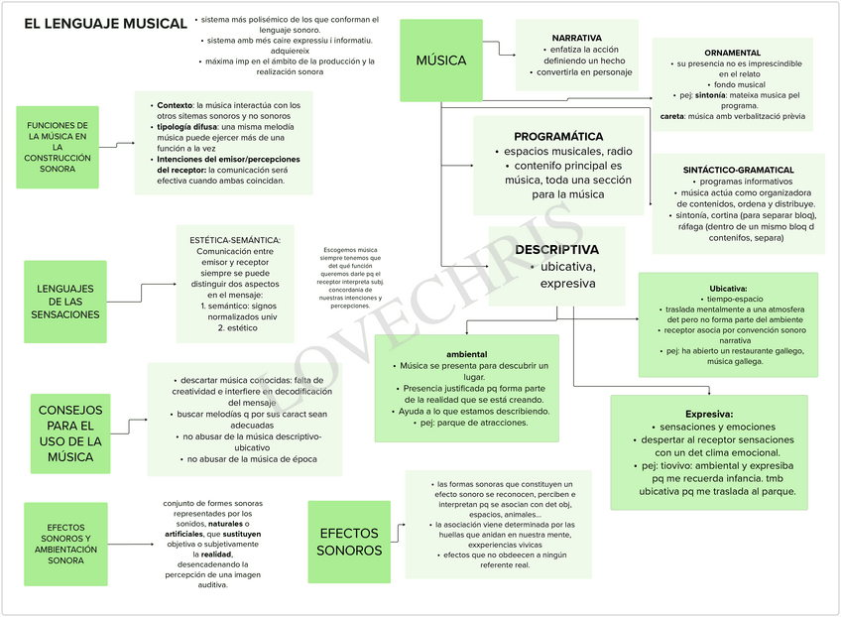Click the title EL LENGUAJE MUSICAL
[x=105, y=24]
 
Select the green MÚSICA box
[x=440, y=61]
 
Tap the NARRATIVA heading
[x=576, y=37]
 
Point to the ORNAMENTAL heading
[x=733, y=53]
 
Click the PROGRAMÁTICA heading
[x=558, y=136]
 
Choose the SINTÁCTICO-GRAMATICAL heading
[x=738, y=171]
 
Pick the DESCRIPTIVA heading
[x=556, y=250]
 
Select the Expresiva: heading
[x=708, y=414]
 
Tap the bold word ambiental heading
[x=466, y=354]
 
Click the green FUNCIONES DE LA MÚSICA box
[x=58, y=147]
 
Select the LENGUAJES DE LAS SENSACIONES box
[x=65, y=302]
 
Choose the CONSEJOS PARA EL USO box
[x=70, y=433]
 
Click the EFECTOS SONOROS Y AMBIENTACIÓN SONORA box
[x=65, y=544]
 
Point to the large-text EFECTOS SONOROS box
[x=349, y=542]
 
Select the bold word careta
[x=671, y=116]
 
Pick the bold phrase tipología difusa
[x=185, y=127]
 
